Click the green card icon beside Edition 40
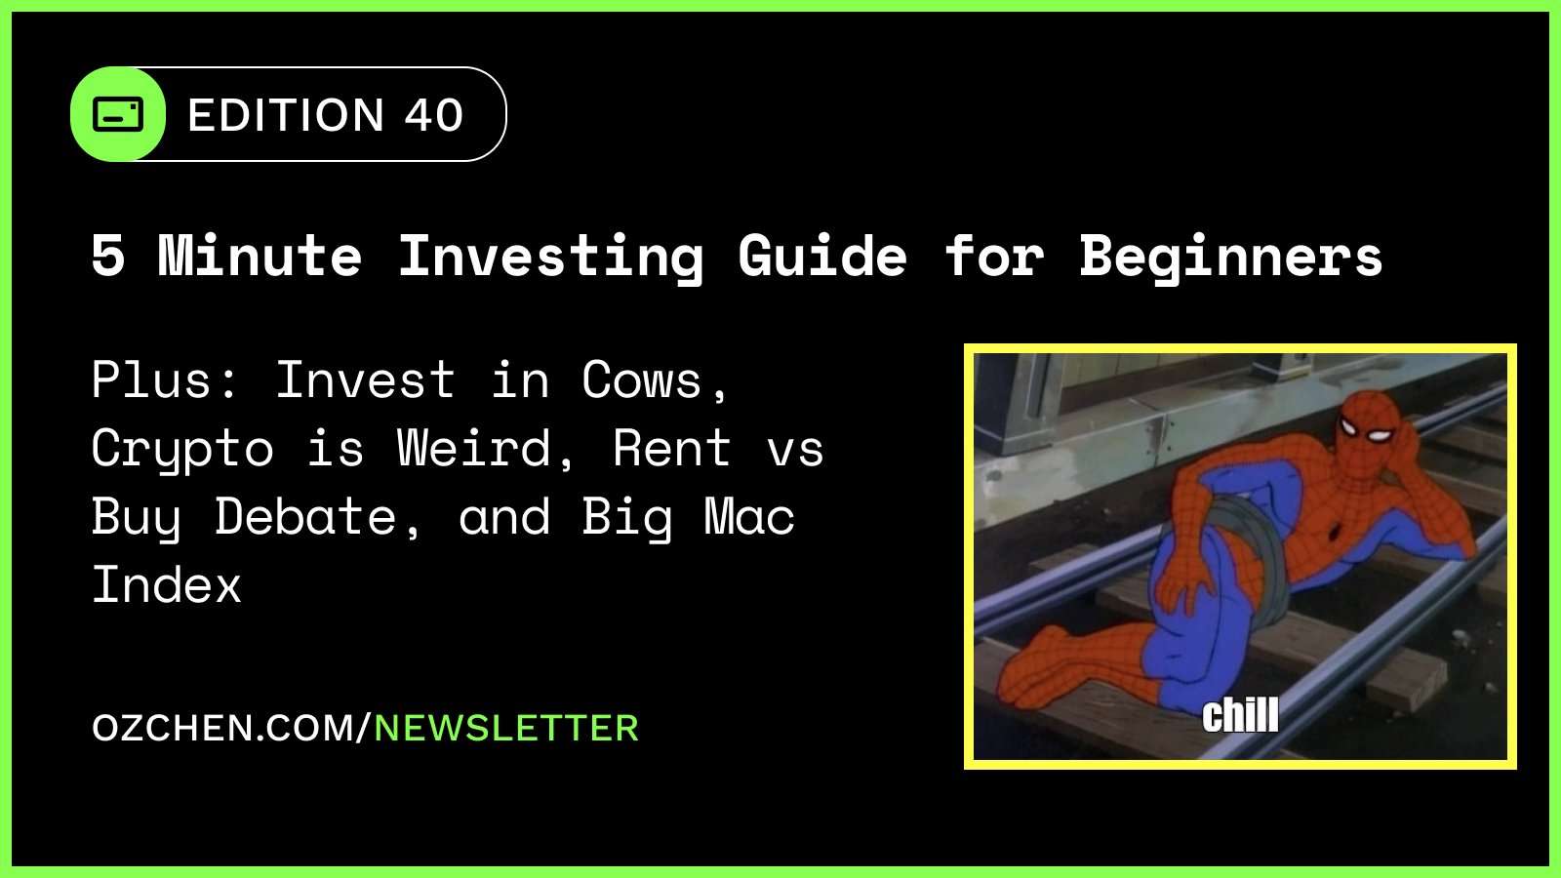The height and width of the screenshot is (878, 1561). tap(118, 114)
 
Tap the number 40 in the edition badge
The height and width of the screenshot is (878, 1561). tap(434, 115)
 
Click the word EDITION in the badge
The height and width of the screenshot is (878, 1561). tap(286, 115)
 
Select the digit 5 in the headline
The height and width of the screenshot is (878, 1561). tap(108, 256)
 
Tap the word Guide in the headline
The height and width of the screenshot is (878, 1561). tap(822, 256)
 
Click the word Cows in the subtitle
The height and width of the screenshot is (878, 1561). tap(642, 379)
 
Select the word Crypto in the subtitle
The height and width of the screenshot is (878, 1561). tap(182, 450)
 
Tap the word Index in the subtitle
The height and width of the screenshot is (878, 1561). tap(166, 584)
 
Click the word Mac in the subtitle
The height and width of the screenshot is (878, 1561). tap(749, 516)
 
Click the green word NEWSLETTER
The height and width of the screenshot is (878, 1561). tap(506, 728)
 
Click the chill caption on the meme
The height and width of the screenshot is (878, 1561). tap(1239, 715)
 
